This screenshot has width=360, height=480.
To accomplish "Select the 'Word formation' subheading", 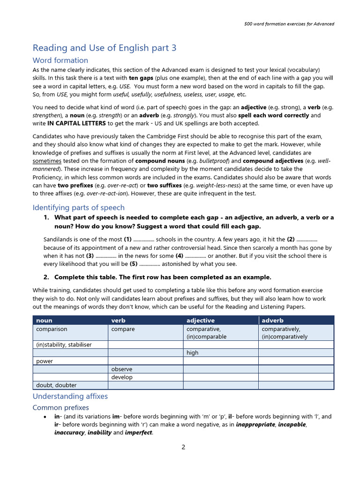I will [x=60, y=60].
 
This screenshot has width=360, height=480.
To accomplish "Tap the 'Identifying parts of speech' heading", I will [x=78, y=208].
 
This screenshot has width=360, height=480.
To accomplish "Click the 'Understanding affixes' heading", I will [x=70, y=397].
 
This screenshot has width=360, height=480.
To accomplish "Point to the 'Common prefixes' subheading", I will [x=60, y=408].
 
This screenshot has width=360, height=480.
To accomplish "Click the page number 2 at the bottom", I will [x=183, y=447].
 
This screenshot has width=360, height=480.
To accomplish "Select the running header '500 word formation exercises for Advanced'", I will [x=290, y=24].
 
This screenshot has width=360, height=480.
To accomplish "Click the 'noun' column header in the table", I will [x=44, y=321].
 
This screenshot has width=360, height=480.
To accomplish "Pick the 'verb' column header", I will [x=118, y=321].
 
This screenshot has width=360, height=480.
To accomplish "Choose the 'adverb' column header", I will [x=272, y=321].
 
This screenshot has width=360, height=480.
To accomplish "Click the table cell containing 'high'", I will [x=193, y=353].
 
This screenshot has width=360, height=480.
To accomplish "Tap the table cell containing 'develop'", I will [x=122, y=377].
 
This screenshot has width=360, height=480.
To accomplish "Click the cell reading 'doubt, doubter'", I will [x=57, y=385].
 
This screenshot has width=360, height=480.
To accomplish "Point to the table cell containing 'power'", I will [x=45, y=361].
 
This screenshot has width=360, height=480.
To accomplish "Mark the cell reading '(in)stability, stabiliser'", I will [x=64, y=345].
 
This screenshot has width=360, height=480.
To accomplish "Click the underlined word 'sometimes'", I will [x=47, y=161].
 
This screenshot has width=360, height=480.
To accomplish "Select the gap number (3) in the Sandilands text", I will [x=90, y=256].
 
